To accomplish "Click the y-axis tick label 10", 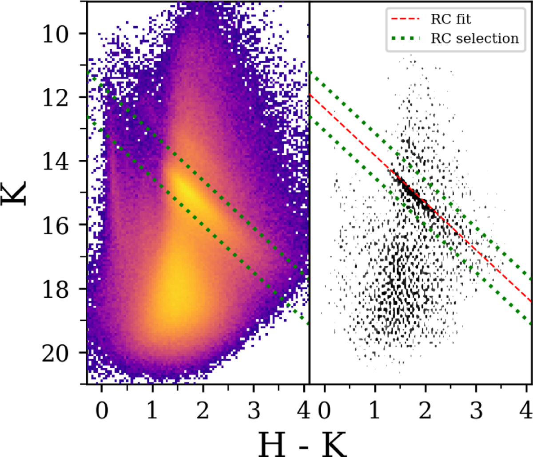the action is [x=56, y=35].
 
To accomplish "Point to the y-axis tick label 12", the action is [x=56, y=99].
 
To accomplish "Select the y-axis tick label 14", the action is [x=56, y=162].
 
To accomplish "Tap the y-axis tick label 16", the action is [x=56, y=226].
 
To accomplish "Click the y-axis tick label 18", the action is [x=56, y=290].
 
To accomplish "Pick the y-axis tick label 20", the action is [x=56, y=354].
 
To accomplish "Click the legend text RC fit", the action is [x=451, y=19].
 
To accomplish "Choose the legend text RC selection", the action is [x=475, y=39].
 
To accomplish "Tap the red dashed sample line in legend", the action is [x=406, y=19].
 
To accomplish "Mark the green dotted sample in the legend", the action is [x=406, y=39].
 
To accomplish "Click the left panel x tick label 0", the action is [x=102, y=411].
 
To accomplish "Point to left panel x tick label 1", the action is [x=152, y=411].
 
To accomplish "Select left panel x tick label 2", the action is [x=203, y=411].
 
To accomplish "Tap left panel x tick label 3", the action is [x=254, y=411].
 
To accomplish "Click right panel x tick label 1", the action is [x=375, y=411].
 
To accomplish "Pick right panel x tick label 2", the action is [x=426, y=411].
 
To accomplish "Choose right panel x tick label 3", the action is [x=476, y=411].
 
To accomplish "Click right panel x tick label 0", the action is [x=324, y=411].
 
